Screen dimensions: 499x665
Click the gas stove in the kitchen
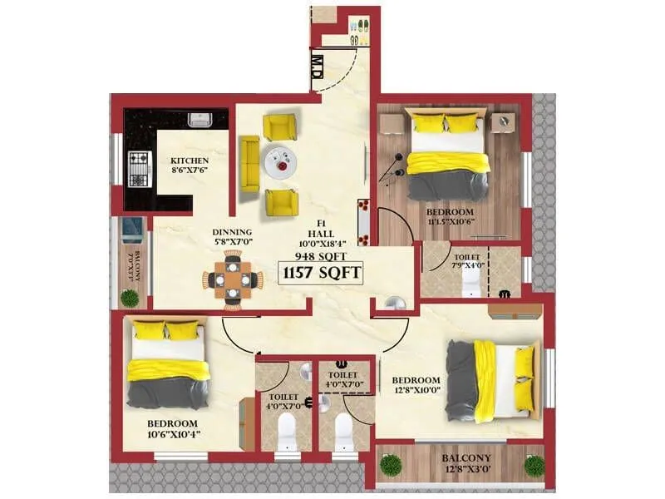[138, 169]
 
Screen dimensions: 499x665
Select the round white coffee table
[279, 161]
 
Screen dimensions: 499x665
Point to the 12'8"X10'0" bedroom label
[416, 386]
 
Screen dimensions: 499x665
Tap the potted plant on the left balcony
[130, 298]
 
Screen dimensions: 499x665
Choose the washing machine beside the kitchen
[130, 226]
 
